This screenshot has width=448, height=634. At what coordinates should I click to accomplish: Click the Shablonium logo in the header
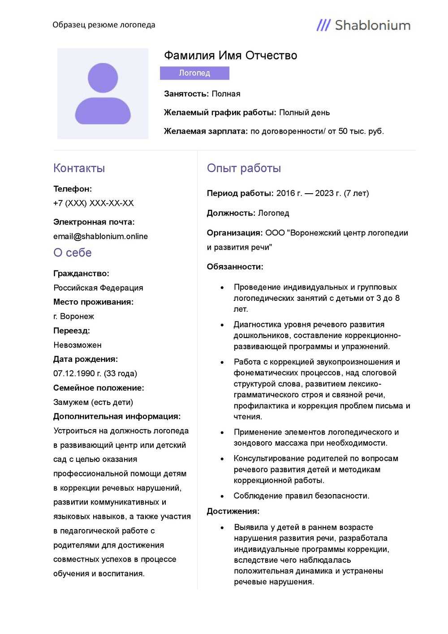(363, 25)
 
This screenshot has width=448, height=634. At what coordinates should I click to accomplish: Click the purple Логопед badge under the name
(194, 73)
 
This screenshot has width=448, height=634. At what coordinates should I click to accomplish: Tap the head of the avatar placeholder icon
(103, 78)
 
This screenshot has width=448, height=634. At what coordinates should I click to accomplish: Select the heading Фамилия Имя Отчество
(230, 56)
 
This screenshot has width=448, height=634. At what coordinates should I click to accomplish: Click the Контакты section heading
(79, 168)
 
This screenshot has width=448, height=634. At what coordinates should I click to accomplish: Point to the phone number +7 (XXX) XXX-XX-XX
(93, 203)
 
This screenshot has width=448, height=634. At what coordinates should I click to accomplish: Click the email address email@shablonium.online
(100, 236)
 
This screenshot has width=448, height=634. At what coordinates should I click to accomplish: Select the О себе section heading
(72, 253)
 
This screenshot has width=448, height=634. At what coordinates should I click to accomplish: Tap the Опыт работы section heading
(244, 168)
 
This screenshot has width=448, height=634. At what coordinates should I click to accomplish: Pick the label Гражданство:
(81, 274)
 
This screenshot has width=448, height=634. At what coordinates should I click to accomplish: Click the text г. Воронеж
(73, 317)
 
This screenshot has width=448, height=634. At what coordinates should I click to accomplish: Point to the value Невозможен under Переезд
(77, 345)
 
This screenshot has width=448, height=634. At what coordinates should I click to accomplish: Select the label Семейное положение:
(99, 388)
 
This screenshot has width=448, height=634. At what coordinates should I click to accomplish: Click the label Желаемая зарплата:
(206, 131)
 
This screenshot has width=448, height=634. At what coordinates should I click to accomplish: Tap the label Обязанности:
(235, 267)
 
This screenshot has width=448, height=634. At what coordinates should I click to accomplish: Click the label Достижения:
(233, 511)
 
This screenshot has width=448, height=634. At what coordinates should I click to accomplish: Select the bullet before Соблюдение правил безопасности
(222, 496)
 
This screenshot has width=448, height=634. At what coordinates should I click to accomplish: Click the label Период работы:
(240, 193)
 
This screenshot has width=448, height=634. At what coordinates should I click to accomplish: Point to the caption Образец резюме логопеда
(103, 25)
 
